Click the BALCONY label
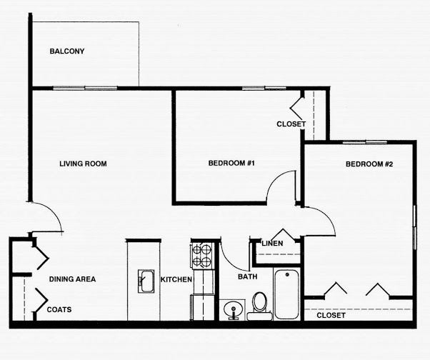pos(67,51)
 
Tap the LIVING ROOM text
pos(83,164)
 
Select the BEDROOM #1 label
pos(231,163)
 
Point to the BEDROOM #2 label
pos(369,164)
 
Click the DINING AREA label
pos(72,279)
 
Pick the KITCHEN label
pos(176,279)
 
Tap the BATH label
pos(248,276)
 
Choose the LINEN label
pos(272,243)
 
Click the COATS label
pos(59,309)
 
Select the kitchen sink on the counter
pos(146,281)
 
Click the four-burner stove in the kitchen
pos(202,255)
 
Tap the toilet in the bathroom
pos(259,306)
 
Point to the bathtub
pos(286,294)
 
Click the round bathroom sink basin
pos(234,309)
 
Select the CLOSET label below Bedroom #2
pos(331,315)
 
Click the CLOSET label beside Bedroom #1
pos(291,124)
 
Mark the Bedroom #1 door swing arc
pos(274,179)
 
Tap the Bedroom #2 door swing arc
pos(326,215)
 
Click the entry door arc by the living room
pos(53,211)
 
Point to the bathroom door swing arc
pos(230,261)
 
